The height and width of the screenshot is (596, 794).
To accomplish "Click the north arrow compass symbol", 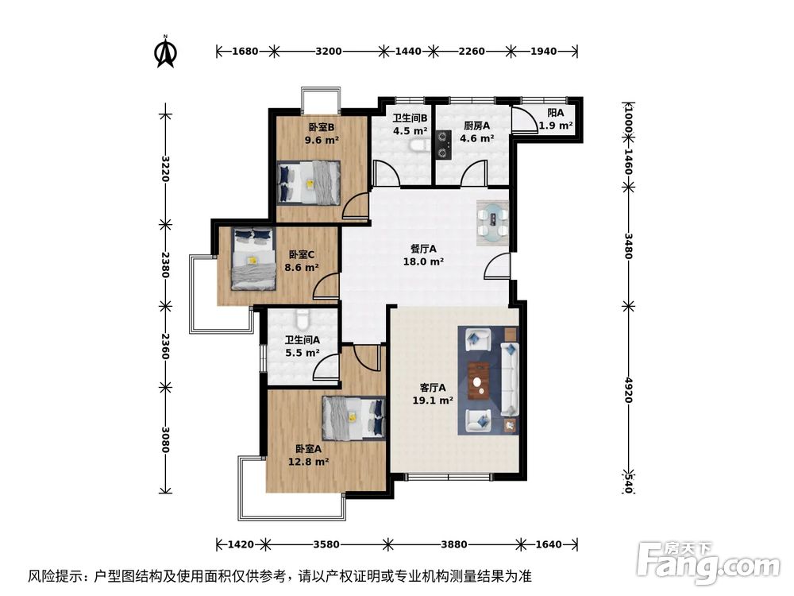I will (165, 52).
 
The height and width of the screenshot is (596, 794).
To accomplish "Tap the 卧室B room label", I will (321, 127).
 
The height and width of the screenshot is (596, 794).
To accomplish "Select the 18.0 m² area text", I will (425, 261).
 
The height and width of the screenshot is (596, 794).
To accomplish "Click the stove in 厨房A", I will (442, 145).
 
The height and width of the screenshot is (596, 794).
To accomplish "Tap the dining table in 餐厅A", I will (493, 221).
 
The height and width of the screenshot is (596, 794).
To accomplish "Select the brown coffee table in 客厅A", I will (478, 381).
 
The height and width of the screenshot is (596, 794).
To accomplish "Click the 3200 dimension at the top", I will (328, 52).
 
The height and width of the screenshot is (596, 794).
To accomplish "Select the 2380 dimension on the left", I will (165, 265).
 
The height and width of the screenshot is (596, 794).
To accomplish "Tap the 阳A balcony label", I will (556, 113).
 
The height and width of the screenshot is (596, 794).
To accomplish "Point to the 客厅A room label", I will (433, 388).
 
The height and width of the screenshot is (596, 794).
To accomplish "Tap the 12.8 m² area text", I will (308, 461).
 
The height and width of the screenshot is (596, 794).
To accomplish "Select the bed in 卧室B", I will (309, 182).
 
